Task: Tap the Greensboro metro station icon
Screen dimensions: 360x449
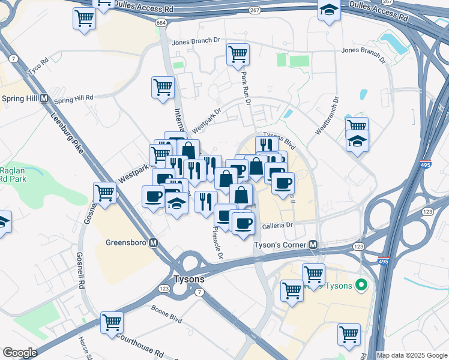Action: tap(154, 243)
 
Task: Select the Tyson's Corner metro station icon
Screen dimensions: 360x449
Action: tap(313, 245)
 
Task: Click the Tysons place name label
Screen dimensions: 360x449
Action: tap(188, 279)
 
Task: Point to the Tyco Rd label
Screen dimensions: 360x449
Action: tap(37, 64)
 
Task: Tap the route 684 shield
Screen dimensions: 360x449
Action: tap(160, 23)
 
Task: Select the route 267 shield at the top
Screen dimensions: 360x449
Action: tap(255, 10)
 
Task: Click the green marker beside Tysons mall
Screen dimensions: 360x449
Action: tap(361, 285)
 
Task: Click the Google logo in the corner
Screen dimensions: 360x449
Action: tap(20, 353)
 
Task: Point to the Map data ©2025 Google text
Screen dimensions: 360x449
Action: tap(412, 355)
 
